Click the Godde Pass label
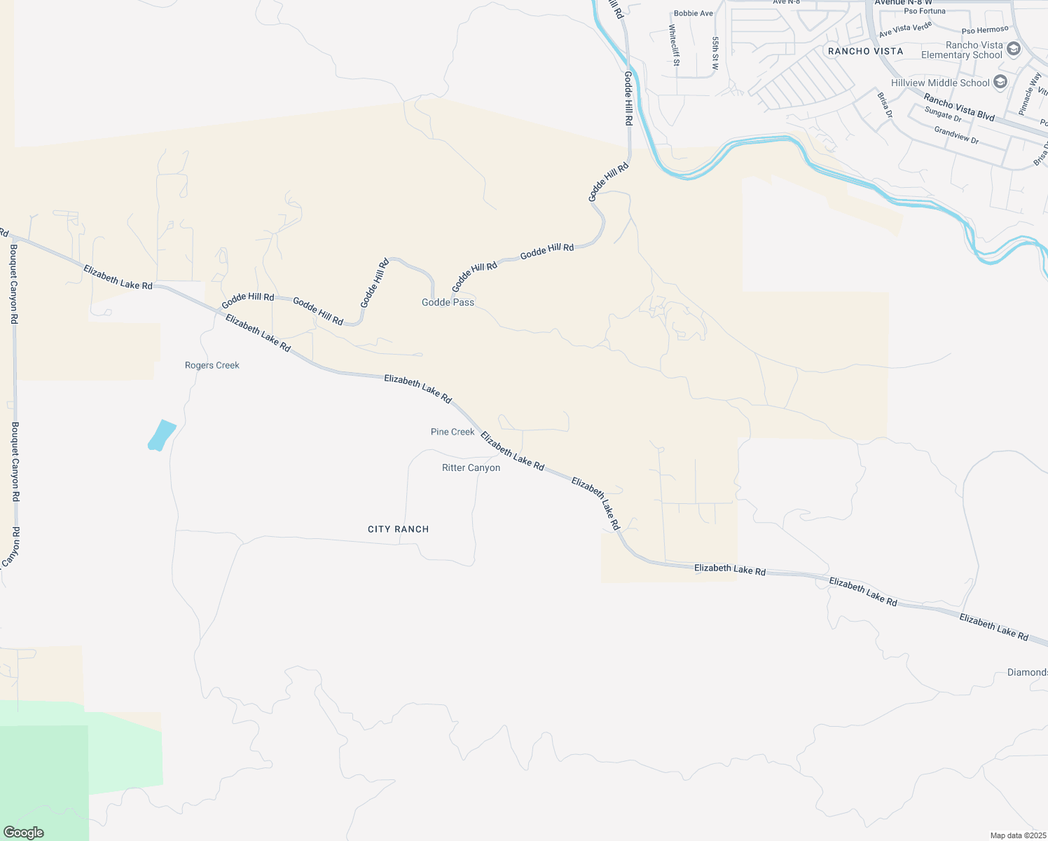point(448,302)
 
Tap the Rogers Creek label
point(212,365)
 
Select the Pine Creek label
point(453,432)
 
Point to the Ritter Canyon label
point(471,467)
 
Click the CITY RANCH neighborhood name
point(398,529)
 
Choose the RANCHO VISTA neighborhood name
point(865,51)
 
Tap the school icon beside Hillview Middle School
point(1000,82)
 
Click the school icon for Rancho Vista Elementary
point(1014,50)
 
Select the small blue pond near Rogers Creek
point(162,435)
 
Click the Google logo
point(24,833)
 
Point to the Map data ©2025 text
point(1016,835)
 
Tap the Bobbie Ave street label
point(693,13)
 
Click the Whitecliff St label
point(674,45)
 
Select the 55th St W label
point(715,53)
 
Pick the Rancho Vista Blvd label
point(958,107)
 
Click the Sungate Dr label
point(943,114)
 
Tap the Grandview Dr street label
point(956,135)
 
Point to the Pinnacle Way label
point(1029,93)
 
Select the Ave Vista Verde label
point(905,30)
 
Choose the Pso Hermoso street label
point(985,30)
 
